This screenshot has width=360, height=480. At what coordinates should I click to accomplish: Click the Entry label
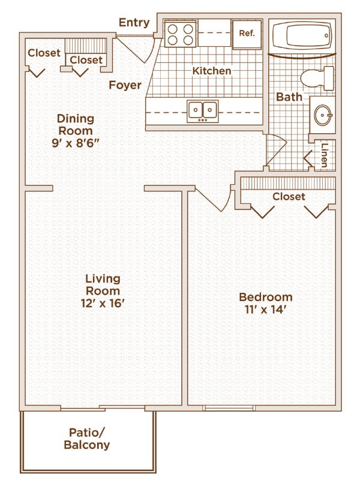[x=134, y=23]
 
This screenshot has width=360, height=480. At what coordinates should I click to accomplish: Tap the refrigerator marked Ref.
[x=247, y=34]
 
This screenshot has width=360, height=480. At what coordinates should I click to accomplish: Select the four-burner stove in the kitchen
[x=181, y=34]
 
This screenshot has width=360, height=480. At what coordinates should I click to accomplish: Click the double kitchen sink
[x=203, y=111]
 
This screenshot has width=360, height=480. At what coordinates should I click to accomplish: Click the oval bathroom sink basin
[x=323, y=115]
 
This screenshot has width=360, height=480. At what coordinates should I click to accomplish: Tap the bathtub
[x=302, y=35]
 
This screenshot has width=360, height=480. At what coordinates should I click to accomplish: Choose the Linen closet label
[x=325, y=155]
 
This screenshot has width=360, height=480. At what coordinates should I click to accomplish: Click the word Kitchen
[x=212, y=71]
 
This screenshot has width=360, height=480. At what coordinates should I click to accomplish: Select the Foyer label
[x=125, y=85]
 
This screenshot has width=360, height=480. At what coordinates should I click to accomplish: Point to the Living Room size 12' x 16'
[x=103, y=304]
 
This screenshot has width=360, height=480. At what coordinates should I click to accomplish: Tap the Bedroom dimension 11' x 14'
[x=265, y=310]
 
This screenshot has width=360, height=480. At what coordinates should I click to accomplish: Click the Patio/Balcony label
[x=87, y=439]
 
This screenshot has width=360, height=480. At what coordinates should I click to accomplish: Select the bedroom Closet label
[x=289, y=197]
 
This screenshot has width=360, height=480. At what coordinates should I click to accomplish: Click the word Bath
[x=289, y=97]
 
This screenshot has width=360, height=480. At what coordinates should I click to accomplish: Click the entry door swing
[x=152, y=52]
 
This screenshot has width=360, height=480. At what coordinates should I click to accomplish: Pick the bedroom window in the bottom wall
[x=229, y=407]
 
